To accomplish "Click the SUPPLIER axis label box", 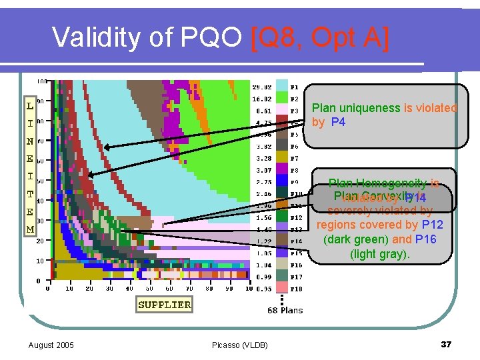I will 164,305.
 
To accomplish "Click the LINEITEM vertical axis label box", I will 30,167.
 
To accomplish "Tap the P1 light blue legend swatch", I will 283,86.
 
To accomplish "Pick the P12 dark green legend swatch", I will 283,217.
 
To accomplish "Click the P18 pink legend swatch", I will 283,289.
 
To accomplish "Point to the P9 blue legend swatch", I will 283,181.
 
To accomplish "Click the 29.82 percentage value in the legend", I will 261,87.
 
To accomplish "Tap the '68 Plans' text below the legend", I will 285,310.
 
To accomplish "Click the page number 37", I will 446,344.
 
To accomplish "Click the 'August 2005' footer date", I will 51,345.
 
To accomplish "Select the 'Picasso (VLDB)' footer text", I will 240,345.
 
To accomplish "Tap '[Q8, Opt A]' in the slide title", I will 319,37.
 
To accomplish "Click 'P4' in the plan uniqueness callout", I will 337,122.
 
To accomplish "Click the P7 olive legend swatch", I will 283,158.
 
